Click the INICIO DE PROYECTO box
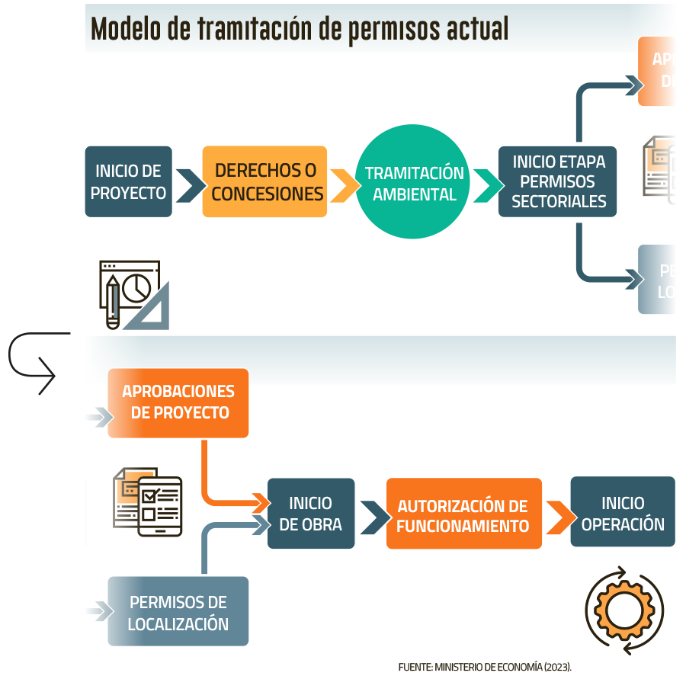tap(128, 181)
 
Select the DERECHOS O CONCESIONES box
tap(264, 181)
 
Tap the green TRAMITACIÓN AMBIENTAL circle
tap(413, 183)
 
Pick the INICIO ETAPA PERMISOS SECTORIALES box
tap(557, 181)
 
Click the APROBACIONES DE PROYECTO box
tap(178, 402)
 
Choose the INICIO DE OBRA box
tap(310, 513)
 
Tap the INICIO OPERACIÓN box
tap(622, 512)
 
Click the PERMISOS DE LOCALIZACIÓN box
tap(178, 611)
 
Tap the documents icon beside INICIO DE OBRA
tap(146, 500)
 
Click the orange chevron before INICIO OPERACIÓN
tap(557, 517)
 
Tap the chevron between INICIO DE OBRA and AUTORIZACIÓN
tap(370, 517)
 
